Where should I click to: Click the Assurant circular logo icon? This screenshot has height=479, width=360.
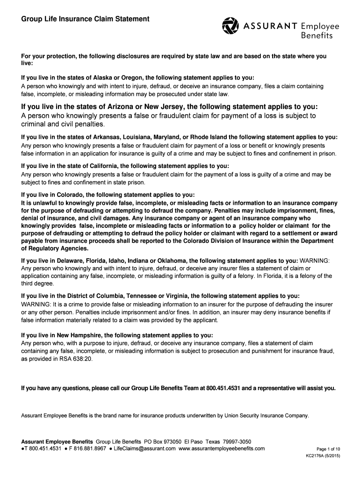[x=230, y=26]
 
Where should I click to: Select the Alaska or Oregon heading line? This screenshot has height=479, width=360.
[x=138, y=78]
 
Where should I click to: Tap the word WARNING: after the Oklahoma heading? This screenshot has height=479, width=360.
[x=315, y=260]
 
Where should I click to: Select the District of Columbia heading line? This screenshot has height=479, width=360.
[x=160, y=296]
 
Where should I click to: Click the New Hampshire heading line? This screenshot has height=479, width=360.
[x=117, y=335]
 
